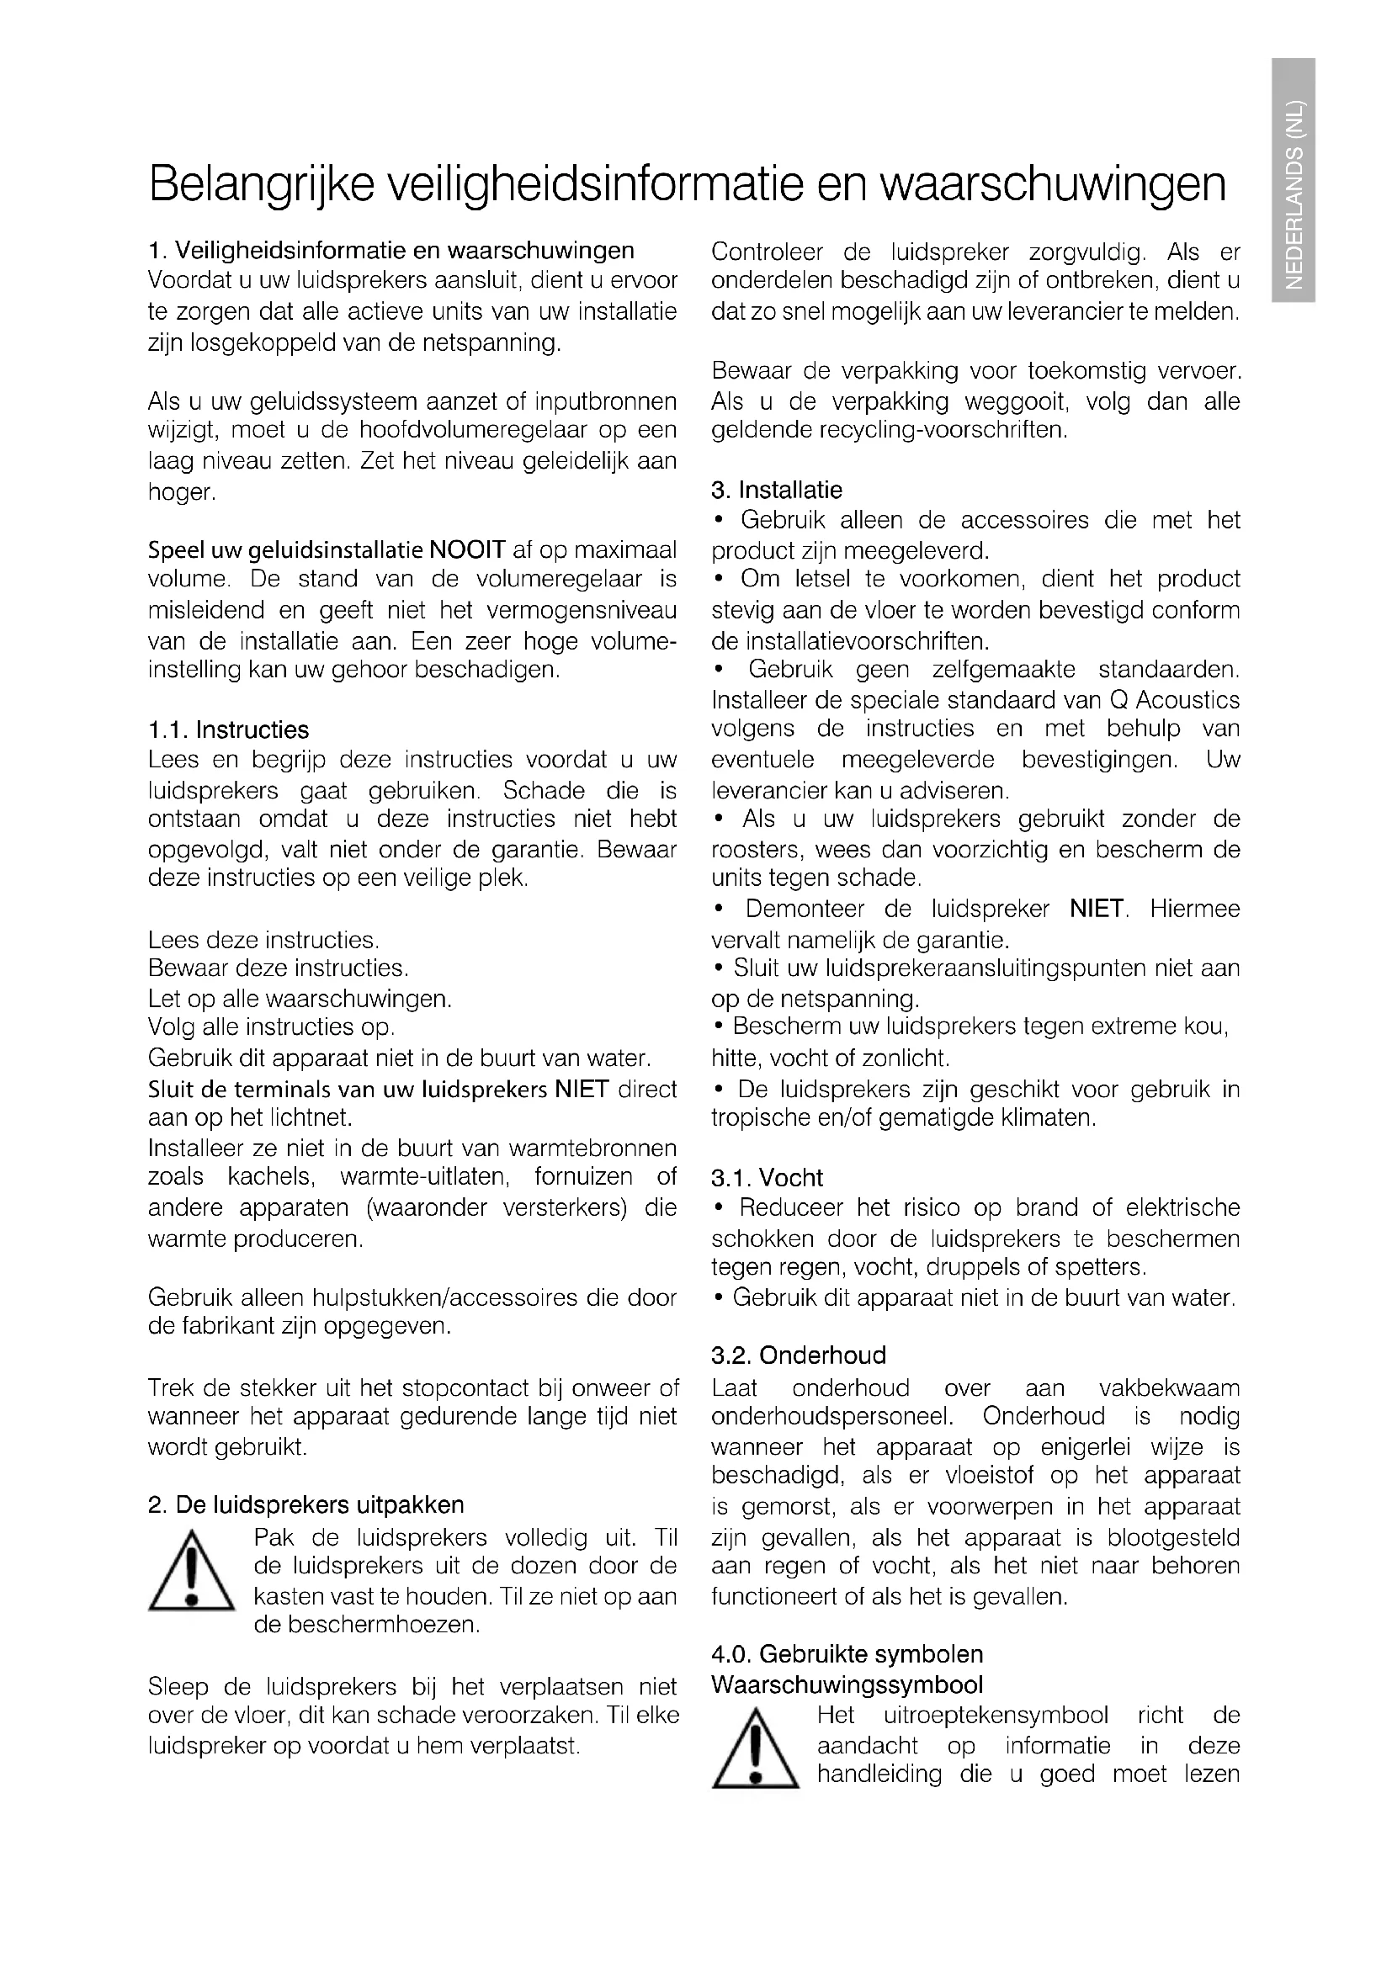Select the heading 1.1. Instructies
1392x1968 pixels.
point(228,730)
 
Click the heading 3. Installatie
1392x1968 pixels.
point(777,491)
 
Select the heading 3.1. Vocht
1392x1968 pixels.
point(767,1178)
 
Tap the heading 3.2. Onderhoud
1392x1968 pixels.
point(798,1355)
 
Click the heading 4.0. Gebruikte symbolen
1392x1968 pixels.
point(847,1654)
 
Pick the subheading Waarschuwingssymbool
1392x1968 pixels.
point(847,1684)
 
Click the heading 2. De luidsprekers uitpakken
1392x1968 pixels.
point(306,1505)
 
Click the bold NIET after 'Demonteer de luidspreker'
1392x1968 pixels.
point(1097,909)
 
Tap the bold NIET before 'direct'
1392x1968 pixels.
point(582,1090)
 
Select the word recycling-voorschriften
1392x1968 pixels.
point(943,429)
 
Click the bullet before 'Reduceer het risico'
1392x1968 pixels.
point(720,1207)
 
